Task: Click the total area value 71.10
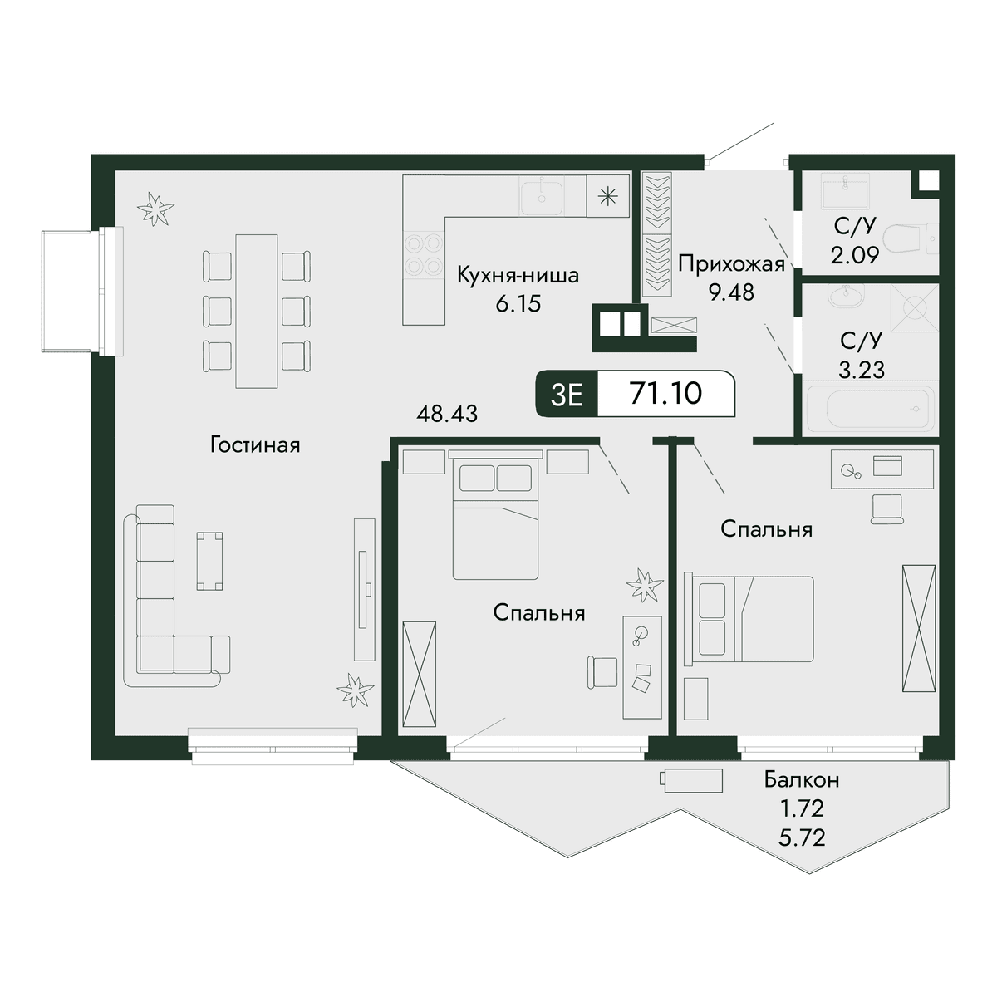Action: (x=665, y=393)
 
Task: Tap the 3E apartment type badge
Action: (x=567, y=395)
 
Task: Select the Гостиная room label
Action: (x=255, y=444)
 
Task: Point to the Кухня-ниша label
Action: (x=518, y=275)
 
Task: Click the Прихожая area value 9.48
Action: (x=732, y=292)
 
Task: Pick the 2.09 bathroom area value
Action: (x=855, y=256)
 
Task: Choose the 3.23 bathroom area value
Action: (x=862, y=370)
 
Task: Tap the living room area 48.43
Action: (x=447, y=414)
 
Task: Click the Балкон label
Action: (x=802, y=779)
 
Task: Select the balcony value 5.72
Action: (x=802, y=837)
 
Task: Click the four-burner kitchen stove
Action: (x=424, y=254)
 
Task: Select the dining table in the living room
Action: (x=257, y=311)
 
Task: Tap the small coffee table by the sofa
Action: (x=209, y=561)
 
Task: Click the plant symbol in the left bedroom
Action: (x=645, y=585)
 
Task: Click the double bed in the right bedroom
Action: (x=749, y=619)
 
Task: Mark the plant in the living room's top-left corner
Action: (x=155, y=209)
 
